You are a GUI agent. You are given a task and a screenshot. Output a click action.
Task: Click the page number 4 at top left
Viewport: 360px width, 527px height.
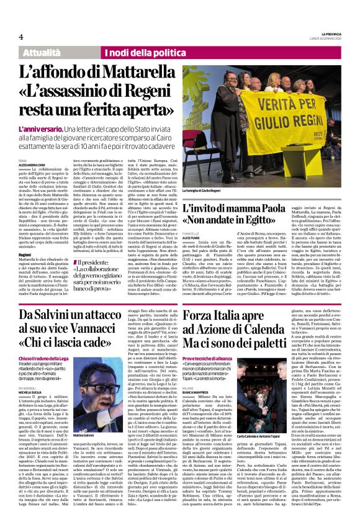tap(21, 37)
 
